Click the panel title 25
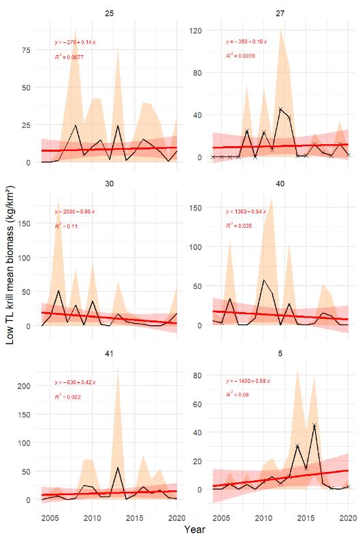109,13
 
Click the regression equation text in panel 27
246,41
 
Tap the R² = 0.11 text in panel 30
66,226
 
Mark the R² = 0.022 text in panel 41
67,396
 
